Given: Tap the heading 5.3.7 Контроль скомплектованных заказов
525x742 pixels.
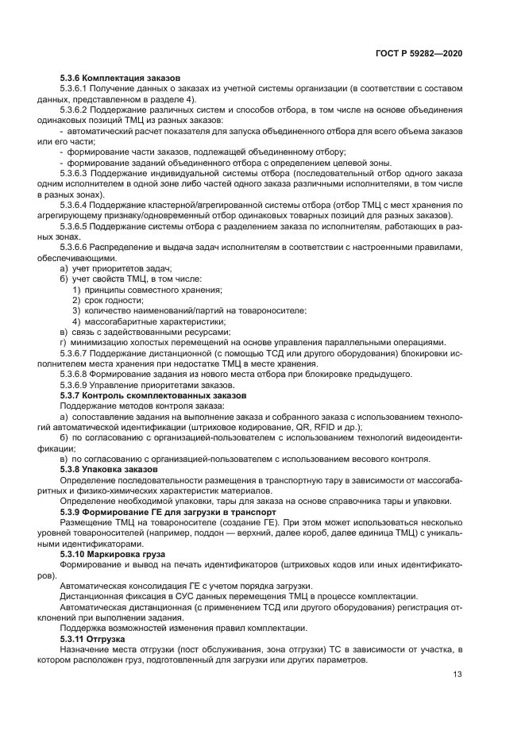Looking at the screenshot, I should coord(152,394).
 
